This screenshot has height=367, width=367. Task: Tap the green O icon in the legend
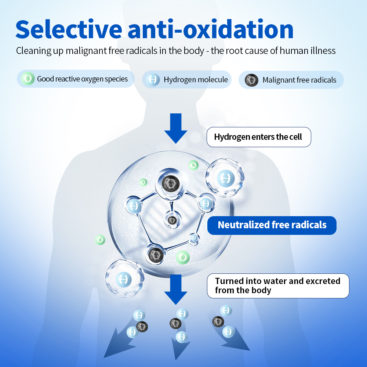point(27,79)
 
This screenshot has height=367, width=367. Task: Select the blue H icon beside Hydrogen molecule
point(152,80)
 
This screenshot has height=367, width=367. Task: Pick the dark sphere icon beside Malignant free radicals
point(251,80)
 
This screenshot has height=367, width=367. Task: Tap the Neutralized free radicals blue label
point(272,225)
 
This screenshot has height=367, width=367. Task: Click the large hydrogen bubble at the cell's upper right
point(225,178)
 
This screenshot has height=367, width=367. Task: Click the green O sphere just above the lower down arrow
point(182,257)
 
